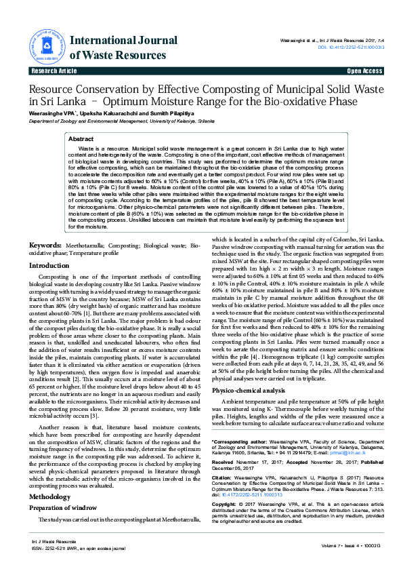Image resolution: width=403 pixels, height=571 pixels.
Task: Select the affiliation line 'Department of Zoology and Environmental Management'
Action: tap(112, 120)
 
